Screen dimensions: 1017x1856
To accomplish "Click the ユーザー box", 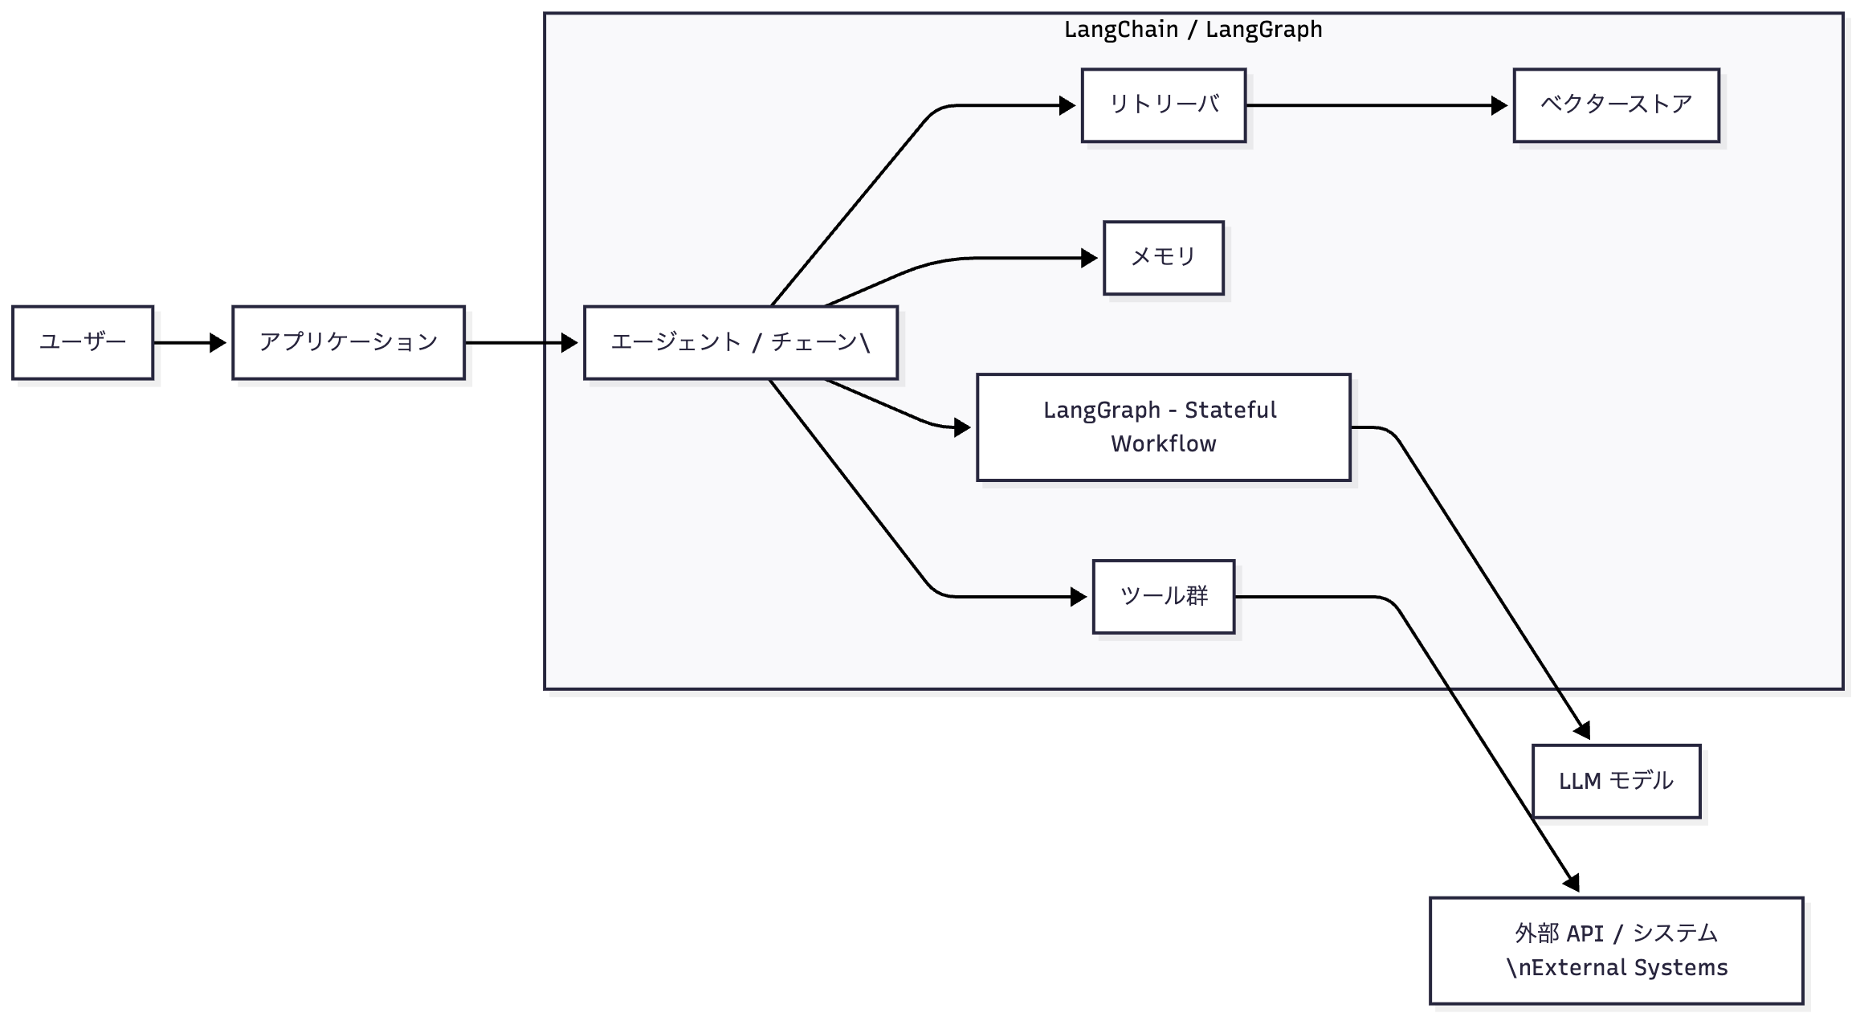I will point(83,342).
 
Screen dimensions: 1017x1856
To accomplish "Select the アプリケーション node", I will point(349,342).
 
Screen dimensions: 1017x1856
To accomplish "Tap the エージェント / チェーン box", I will point(740,342).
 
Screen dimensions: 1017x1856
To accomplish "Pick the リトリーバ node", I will point(1164,105).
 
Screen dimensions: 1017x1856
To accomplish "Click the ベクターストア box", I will point(1616,105).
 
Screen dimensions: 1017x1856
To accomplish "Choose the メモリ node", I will point(1164,258).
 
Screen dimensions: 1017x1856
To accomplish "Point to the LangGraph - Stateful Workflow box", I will point(1164,427).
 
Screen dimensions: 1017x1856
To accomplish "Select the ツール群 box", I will point(1164,597).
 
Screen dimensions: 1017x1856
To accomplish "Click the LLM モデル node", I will point(1616,782).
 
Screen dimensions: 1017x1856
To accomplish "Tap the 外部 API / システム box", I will point(1616,950).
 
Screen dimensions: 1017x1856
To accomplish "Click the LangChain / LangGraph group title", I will point(1193,30).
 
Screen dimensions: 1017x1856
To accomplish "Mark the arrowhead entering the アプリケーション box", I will point(218,343).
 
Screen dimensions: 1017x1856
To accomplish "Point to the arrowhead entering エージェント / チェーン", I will point(569,343).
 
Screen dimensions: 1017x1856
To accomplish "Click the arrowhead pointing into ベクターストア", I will point(1499,105).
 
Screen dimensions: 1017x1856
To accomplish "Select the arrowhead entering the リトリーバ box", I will point(1067,105).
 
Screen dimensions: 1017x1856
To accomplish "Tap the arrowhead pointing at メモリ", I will point(1089,258).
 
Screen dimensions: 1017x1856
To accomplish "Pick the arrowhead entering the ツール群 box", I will point(1079,597).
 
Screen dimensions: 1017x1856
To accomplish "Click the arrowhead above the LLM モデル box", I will point(1582,730).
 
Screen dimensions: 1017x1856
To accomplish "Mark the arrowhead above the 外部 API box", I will point(1572,883).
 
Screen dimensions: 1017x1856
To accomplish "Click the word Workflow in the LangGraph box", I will point(1164,444).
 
